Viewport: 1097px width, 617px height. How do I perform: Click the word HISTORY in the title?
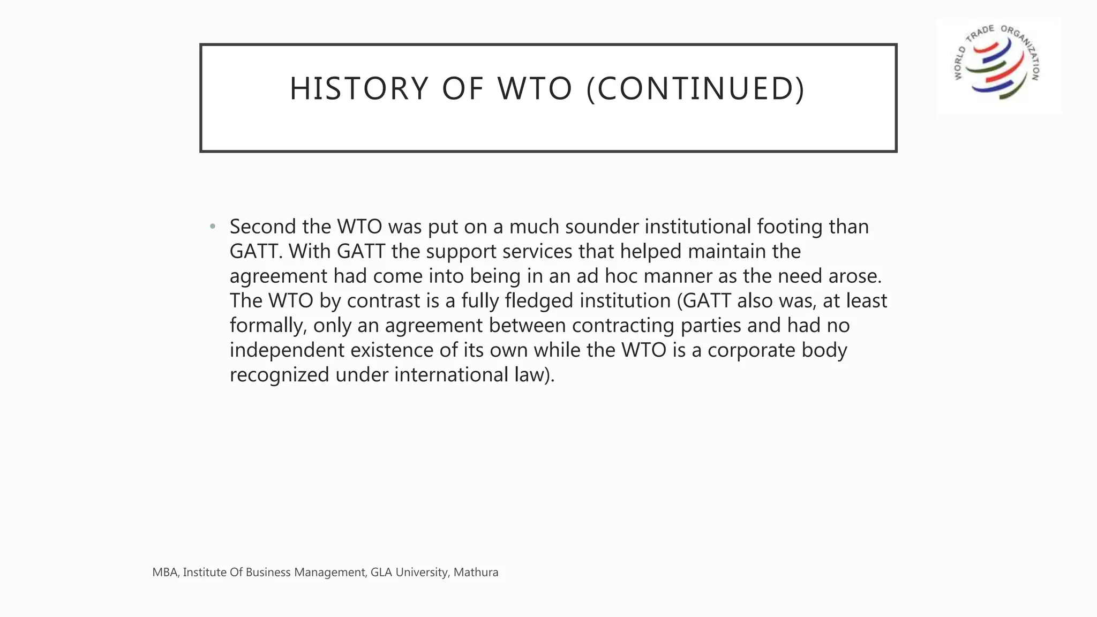359,89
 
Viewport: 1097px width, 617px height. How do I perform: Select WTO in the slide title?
535,89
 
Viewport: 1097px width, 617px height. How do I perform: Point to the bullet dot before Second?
213,227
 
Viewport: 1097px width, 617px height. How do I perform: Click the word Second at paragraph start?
262,227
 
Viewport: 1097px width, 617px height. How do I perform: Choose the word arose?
855,276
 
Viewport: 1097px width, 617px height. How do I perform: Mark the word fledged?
539,301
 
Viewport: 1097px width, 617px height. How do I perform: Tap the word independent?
287,350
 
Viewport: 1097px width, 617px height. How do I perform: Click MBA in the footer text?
164,573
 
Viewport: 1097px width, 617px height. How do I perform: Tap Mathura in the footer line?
476,573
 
